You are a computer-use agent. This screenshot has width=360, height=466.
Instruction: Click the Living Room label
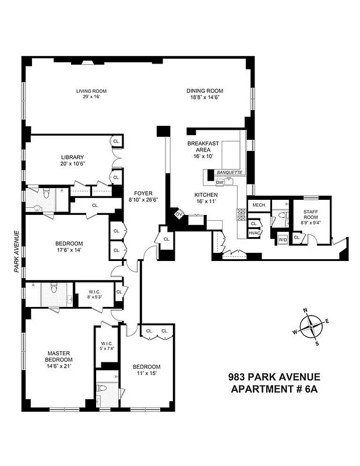(91, 94)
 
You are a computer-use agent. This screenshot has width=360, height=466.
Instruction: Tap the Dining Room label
(204, 94)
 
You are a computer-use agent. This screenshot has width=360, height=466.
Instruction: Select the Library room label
(73, 160)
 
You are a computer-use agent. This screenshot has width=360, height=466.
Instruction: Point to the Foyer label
(143, 197)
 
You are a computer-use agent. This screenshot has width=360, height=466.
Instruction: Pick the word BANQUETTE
(229, 173)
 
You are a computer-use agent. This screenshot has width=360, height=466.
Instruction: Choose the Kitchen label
(206, 198)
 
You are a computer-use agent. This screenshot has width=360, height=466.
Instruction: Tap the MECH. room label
(259, 205)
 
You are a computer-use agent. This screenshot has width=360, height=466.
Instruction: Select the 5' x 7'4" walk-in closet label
(107, 346)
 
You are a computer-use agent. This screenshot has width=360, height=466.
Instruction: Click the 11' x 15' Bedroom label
(146, 370)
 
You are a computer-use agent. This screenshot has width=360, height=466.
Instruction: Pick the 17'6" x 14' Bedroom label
(69, 246)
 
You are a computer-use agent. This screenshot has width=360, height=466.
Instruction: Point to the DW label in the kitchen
(220, 182)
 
